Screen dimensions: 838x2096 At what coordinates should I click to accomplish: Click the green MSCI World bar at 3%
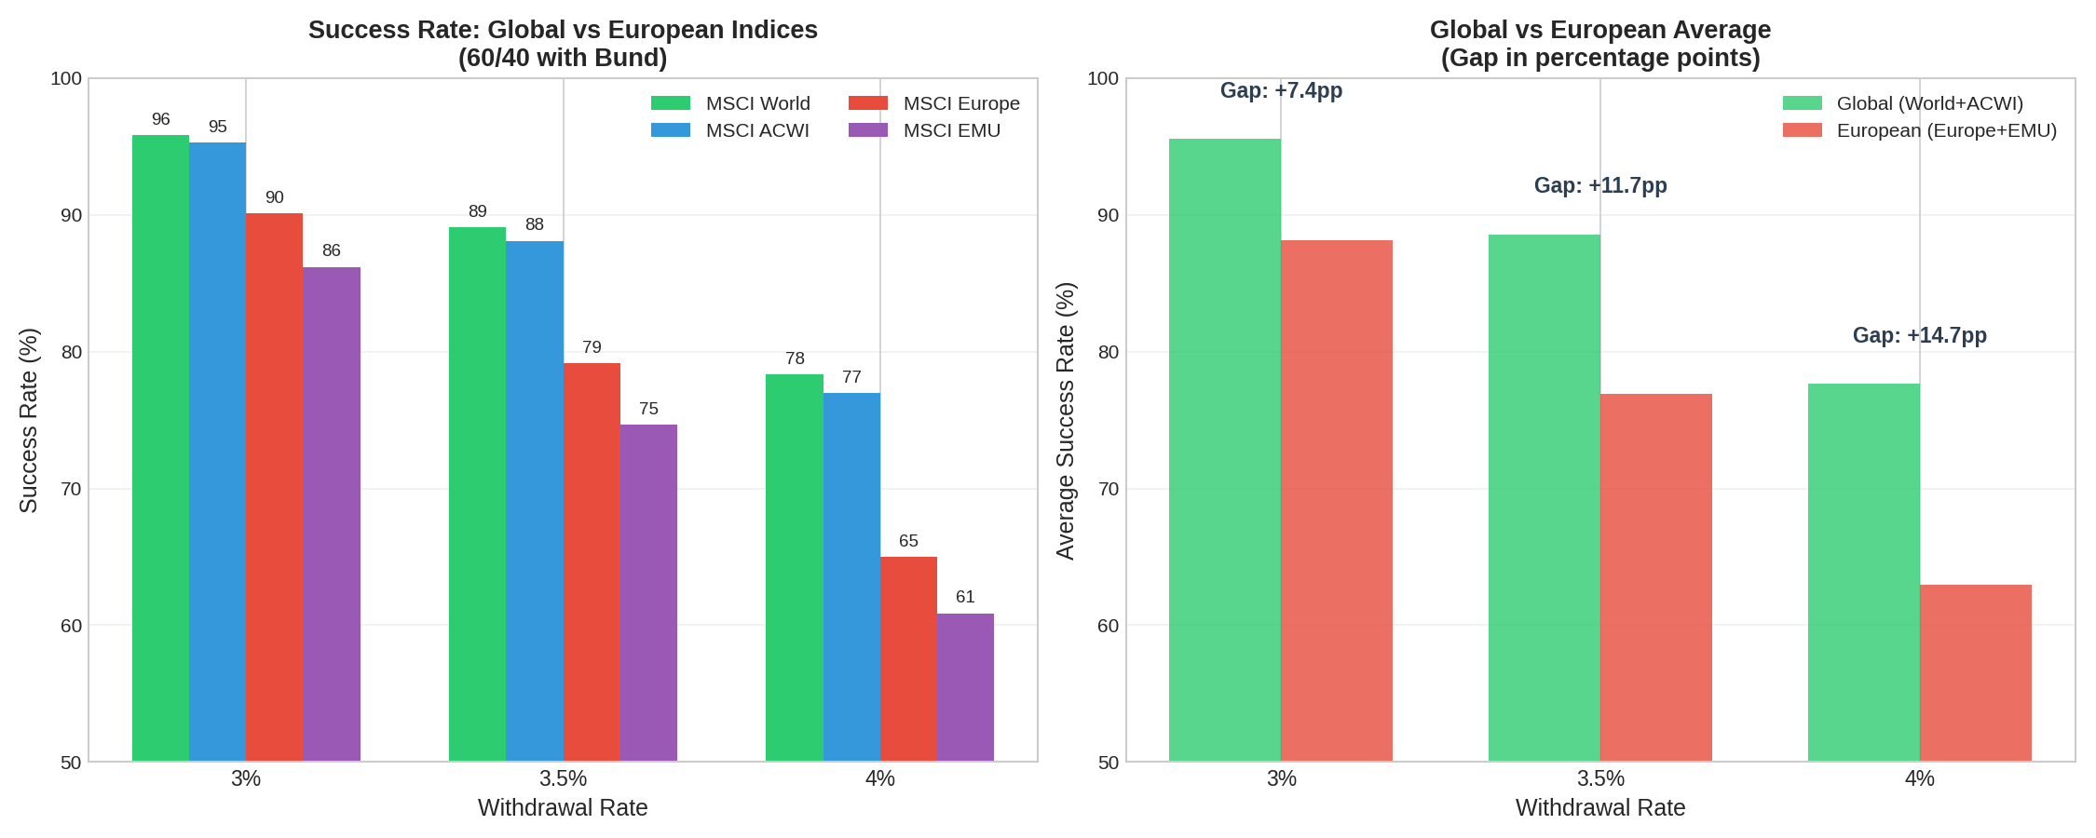pos(160,447)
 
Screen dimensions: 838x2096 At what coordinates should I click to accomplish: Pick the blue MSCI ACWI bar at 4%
pos(851,577)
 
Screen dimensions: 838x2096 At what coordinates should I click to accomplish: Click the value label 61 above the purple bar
pos(965,597)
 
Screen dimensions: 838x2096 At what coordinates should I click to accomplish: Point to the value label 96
pos(160,119)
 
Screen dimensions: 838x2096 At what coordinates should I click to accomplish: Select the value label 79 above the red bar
pos(592,347)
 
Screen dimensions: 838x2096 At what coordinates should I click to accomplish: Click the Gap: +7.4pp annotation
pos(1281,90)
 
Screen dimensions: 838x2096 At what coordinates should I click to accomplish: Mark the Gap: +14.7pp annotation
pos(1919,335)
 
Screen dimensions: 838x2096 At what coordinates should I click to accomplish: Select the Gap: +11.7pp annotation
pos(1600,185)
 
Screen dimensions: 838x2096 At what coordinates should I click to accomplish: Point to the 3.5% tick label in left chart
pos(563,778)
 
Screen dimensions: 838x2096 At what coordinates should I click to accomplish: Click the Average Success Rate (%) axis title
pos(1065,420)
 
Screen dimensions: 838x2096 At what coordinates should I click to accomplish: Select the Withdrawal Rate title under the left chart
pos(563,807)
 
